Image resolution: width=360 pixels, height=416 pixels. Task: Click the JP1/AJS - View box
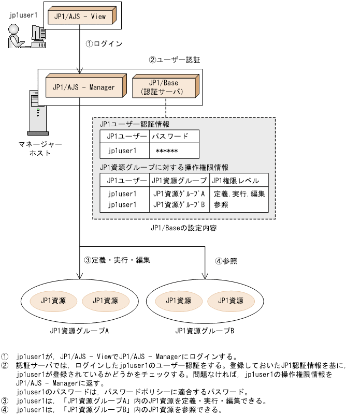[80, 16]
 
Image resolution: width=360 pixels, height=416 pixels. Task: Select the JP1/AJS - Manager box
[83, 87]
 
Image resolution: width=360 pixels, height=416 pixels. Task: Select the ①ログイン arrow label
[104, 44]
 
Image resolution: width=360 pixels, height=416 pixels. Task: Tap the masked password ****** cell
[167, 151]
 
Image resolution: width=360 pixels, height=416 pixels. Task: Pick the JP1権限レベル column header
[239, 180]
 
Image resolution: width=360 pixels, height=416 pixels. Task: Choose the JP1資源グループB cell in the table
[179, 204]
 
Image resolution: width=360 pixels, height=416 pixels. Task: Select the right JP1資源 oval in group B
[231, 301]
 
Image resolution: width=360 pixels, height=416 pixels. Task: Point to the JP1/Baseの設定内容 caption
[183, 227]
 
